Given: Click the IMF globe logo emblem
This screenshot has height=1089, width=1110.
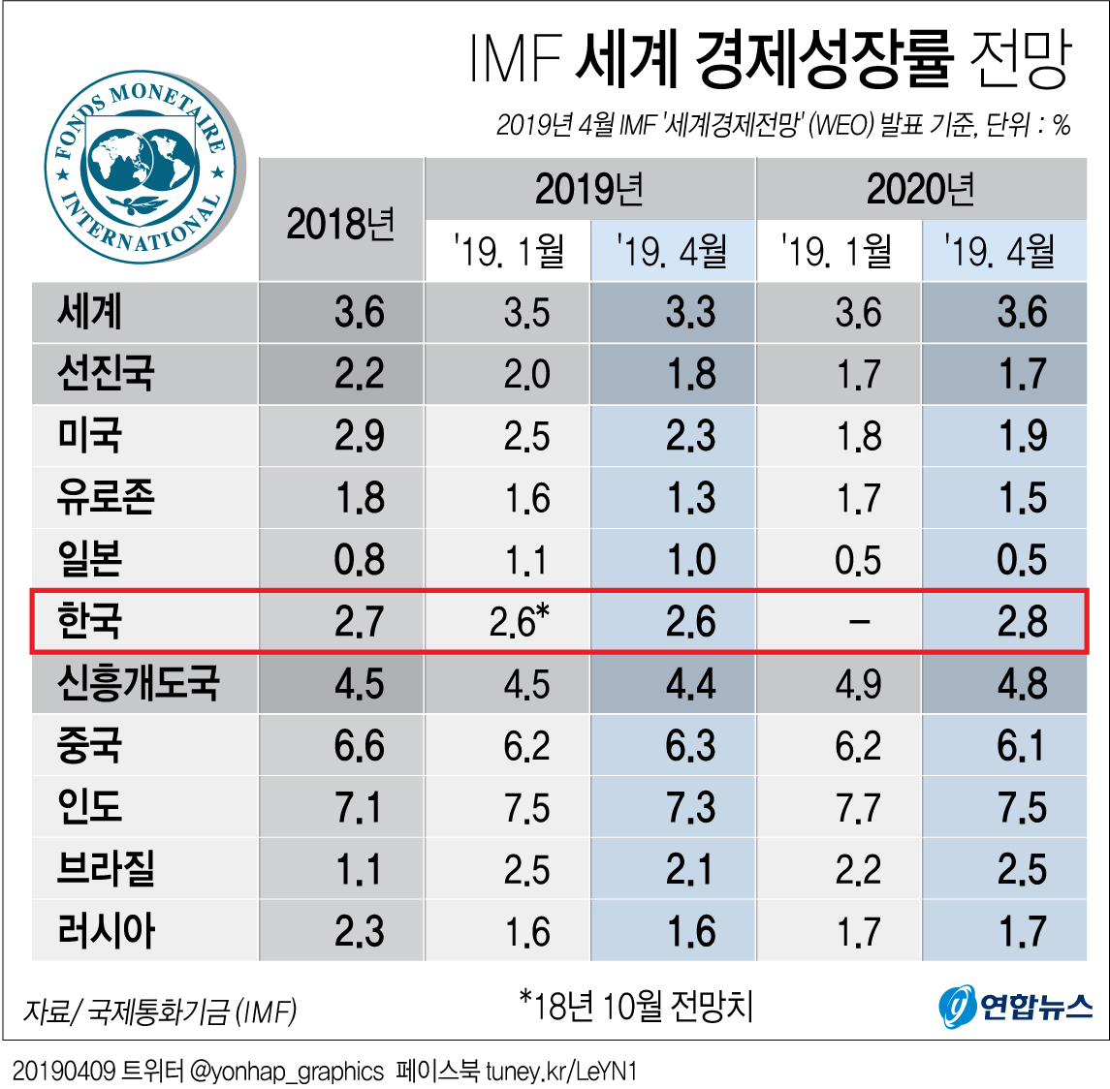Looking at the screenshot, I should click(143, 168).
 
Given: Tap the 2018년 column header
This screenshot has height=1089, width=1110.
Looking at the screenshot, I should click(340, 224).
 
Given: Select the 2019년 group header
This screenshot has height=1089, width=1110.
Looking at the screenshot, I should click(589, 189).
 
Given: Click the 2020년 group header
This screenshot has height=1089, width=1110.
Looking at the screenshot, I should click(920, 189).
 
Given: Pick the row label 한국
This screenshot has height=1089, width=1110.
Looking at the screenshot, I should click(90, 621).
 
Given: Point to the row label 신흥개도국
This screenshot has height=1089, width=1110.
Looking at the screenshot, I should click(138, 683).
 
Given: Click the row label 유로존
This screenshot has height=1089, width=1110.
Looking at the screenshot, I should click(106, 497).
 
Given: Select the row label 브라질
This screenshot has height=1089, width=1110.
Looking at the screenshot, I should click(106, 869).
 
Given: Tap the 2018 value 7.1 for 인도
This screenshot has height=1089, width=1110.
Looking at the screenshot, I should click(359, 807).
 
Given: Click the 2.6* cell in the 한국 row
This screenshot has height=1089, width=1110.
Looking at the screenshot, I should click(519, 621).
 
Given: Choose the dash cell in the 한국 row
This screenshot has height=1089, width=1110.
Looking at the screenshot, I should click(858, 621).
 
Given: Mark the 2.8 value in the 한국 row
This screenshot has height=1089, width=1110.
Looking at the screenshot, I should click(1022, 621).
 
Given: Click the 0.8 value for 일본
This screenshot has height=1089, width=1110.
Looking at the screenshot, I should click(359, 560).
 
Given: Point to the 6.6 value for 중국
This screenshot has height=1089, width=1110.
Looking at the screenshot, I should click(359, 745).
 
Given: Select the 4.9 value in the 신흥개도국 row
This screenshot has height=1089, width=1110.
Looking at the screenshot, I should click(858, 684).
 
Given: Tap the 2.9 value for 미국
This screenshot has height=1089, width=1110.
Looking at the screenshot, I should click(359, 436).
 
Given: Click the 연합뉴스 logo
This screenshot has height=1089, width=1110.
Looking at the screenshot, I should click(1015, 1007).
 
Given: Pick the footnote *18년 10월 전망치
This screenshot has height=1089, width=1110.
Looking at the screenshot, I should click(636, 1006).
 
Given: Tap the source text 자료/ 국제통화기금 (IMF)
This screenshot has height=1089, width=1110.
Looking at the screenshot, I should click(160, 1011).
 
